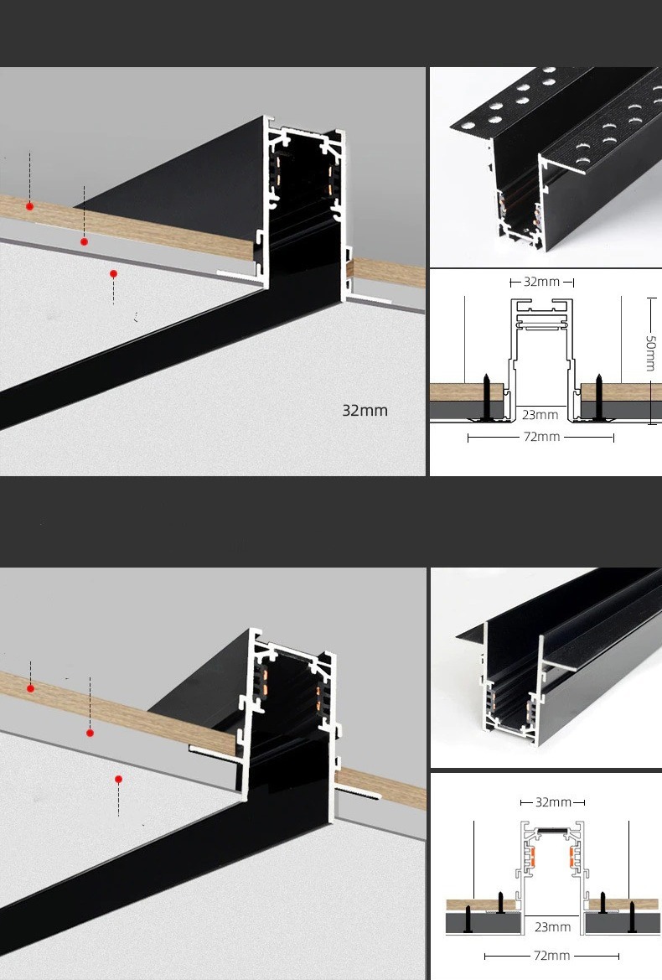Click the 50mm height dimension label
point(651,353)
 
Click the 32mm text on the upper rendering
point(365,411)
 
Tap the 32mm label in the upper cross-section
point(541,282)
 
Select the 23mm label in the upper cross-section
point(540,414)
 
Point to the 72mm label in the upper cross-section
point(541,437)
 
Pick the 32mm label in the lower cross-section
point(553,802)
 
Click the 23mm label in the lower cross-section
point(553,927)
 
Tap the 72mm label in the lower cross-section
point(551,956)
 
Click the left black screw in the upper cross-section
point(486,397)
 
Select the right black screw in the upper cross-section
point(598,397)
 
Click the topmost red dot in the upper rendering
point(29,206)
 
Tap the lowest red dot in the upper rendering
point(113,274)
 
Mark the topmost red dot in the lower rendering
point(30,688)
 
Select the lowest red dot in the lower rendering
point(118,779)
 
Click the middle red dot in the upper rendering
point(84,241)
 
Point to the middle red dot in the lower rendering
point(90,733)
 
